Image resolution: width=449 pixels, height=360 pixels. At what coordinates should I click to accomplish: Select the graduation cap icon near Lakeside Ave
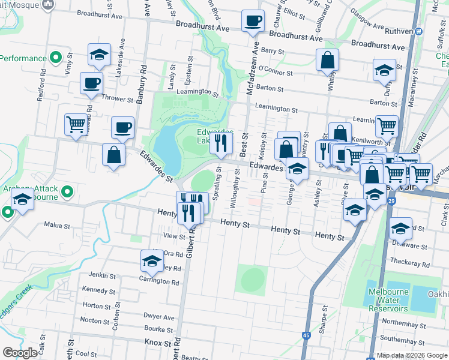coord(99,55)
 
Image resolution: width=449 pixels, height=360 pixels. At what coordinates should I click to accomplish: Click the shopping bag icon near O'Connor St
coord(328,60)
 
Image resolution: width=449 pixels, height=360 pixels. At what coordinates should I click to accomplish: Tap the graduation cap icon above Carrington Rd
coord(152,260)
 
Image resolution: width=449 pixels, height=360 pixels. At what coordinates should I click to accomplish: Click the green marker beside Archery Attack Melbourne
coord(67,193)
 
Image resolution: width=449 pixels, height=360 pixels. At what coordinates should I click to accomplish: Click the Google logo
coord(20,352)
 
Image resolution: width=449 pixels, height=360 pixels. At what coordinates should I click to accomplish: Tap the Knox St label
coord(158,341)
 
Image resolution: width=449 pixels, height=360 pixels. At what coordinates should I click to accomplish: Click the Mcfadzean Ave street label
coord(255,67)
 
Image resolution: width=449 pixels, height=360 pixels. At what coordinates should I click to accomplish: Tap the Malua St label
coord(58,225)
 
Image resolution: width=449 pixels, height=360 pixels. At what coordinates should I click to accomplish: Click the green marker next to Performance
coord(56,58)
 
